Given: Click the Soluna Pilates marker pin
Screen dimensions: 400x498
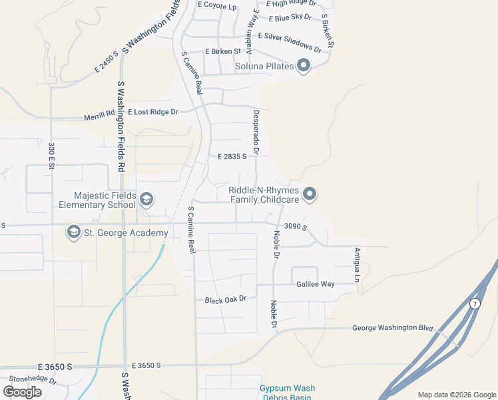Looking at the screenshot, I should coord(304,66).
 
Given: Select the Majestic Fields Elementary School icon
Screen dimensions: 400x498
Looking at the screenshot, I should coord(146,199).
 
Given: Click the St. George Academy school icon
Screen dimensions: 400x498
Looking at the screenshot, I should coord(73,233).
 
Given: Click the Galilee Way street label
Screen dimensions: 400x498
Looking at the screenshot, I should coord(316,284).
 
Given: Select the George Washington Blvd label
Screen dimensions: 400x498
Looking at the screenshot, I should coord(392,328).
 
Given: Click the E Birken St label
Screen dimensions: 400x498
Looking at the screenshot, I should coord(223,51).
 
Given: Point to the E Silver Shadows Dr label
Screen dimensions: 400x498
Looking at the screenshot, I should coord(290,41).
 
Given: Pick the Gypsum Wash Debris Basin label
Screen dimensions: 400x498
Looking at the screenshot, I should coord(287,393).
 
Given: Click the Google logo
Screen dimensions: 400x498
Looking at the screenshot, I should coord(22,392).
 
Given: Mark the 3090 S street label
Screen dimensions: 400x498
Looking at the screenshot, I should coord(295,227).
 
